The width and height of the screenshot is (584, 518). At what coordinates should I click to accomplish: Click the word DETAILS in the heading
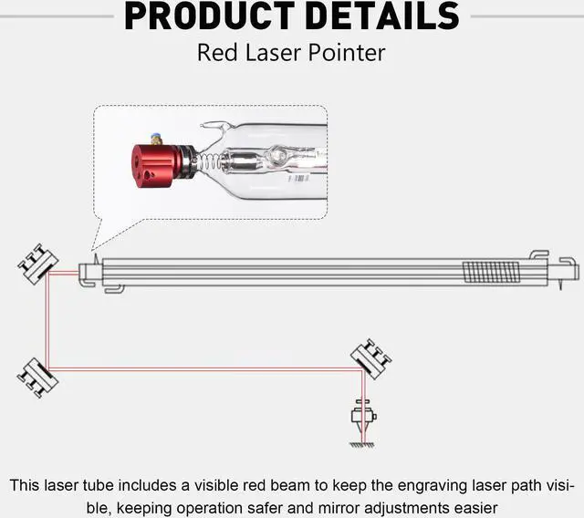pyautogui.click(x=381, y=16)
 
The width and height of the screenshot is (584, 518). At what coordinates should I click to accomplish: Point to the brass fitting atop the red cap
pyautogui.click(x=156, y=140)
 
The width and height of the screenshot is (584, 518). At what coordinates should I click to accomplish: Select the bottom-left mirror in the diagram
pyautogui.click(x=37, y=376)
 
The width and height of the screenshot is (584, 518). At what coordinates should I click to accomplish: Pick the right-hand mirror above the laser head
pyautogui.click(x=371, y=357)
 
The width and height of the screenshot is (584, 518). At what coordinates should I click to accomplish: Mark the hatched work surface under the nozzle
pyautogui.click(x=363, y=445)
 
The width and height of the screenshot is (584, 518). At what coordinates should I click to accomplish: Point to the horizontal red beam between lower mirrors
pyautogui.click(x=201, y=369)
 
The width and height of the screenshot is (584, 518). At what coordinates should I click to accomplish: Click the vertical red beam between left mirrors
pyautogui.click(x=47, y=319)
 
